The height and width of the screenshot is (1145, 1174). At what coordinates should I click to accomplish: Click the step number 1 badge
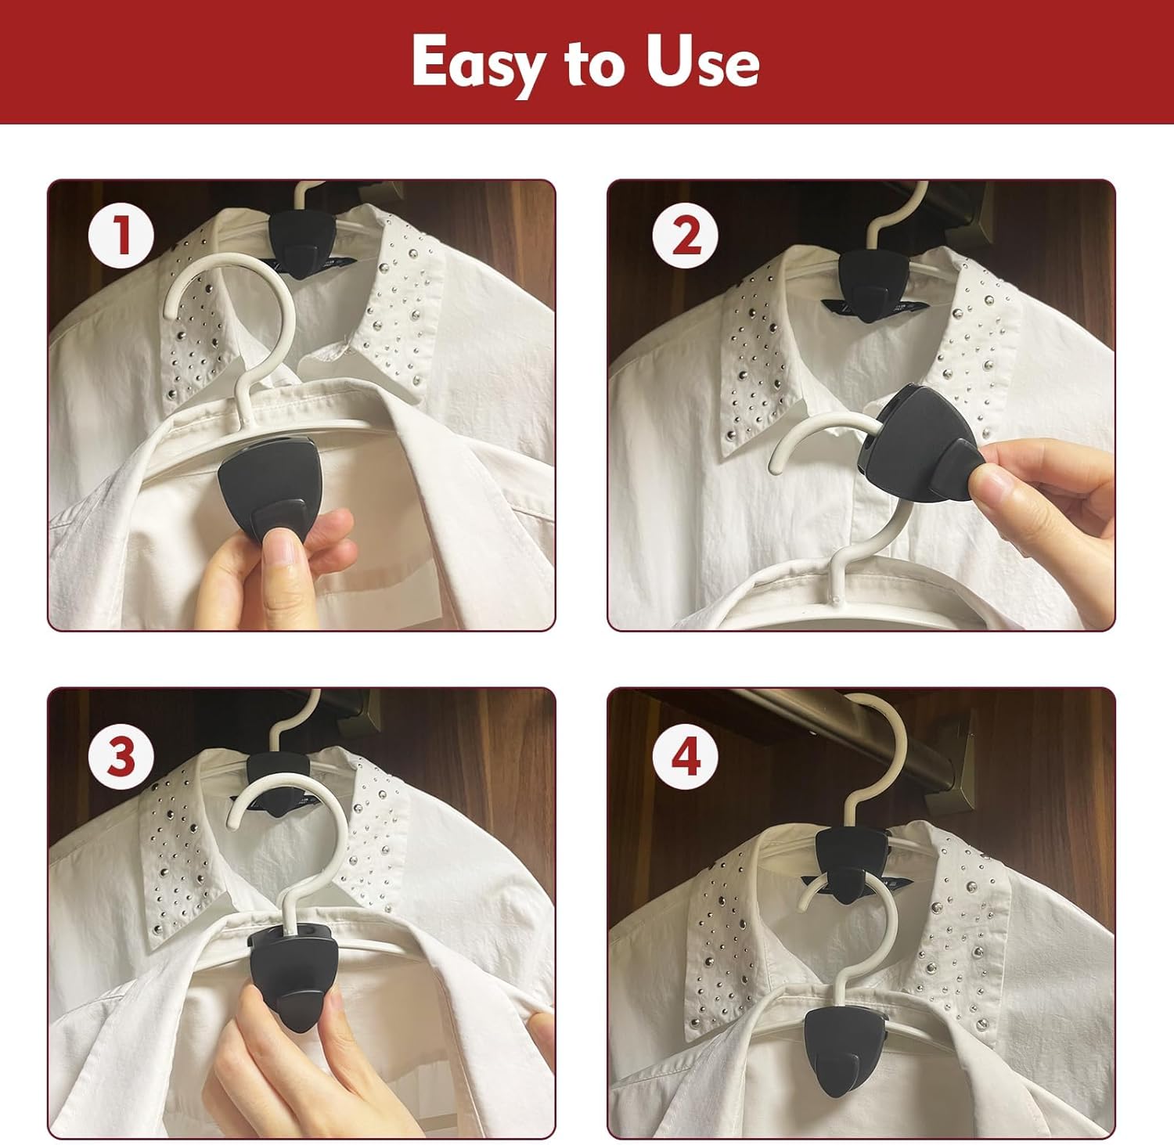121,235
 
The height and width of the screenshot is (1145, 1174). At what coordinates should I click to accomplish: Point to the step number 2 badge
686,235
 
